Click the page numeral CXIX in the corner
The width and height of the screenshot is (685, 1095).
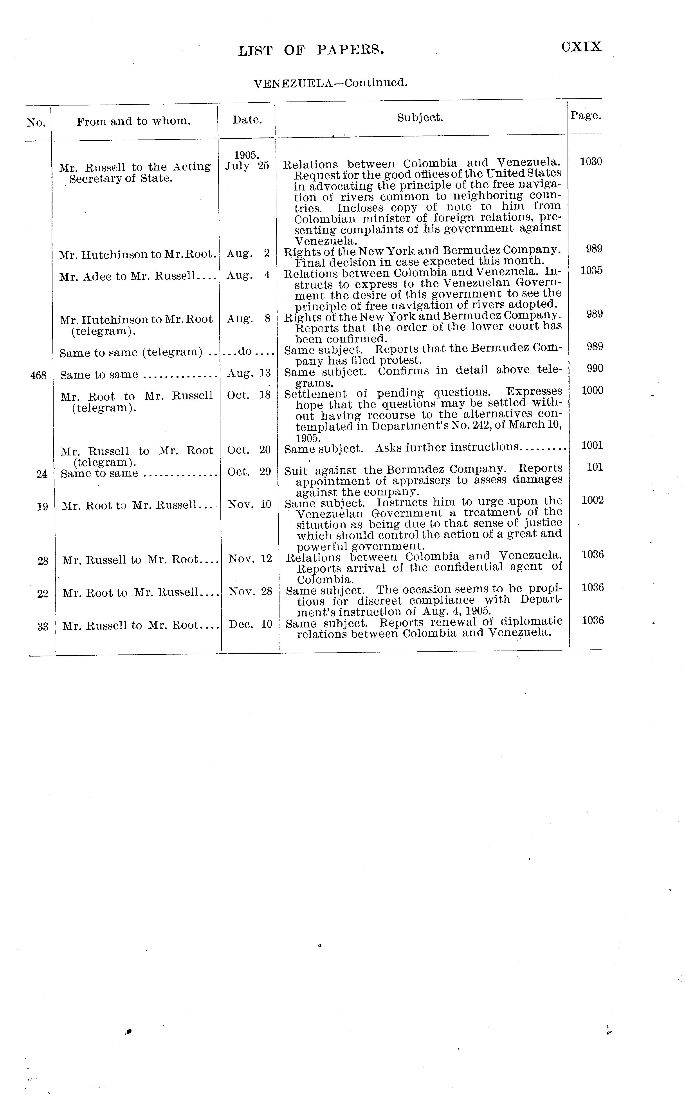581,47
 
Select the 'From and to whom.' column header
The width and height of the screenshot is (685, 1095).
134,121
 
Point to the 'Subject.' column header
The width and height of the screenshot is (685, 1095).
420,118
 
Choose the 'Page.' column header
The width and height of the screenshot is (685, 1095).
586,116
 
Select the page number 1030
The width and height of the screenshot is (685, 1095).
591,162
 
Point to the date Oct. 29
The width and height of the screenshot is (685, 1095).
249,472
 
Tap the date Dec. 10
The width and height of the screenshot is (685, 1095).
251,625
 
